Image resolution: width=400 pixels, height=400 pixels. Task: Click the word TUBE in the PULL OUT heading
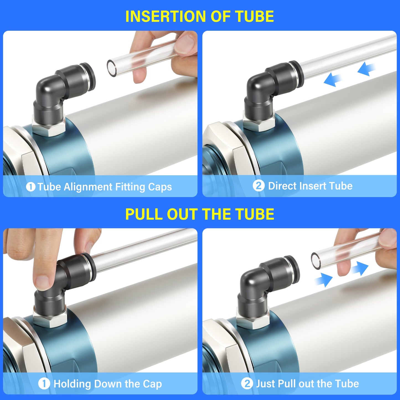tap(255, 214)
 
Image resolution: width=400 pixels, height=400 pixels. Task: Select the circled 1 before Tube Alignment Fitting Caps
tap(30, 187)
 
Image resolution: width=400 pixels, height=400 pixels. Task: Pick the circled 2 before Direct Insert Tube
tap(259, 186)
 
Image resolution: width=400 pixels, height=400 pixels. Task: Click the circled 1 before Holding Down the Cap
tap(44, 384)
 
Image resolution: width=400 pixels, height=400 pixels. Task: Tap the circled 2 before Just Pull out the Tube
tap(247, 384)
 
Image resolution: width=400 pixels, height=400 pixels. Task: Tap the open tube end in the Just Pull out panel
tap(316, 260)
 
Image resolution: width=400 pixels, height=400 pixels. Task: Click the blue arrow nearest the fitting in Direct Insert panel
tap(332, 80)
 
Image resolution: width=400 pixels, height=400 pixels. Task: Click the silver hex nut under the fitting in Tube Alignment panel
tap(49, 128)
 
